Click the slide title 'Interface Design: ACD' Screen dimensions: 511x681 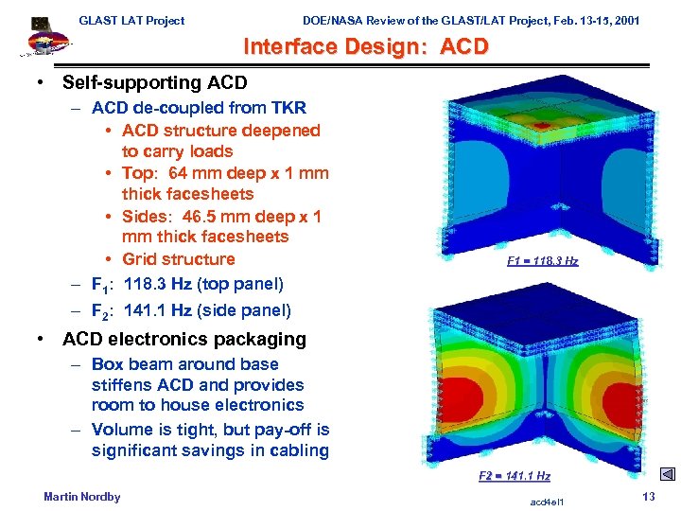(366, 46)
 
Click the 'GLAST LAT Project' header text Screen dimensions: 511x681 (131, 20)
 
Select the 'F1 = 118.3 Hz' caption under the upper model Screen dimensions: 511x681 (542, 261)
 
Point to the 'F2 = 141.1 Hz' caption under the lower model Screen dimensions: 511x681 (515, 476)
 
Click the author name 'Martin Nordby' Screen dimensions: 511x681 (82, 497)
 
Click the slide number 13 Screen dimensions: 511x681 (649, 498)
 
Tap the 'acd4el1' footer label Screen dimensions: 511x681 (548, 500)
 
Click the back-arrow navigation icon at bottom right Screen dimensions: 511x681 (667, 475)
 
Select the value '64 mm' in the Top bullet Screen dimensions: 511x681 (191, 173)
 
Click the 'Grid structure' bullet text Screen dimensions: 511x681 (178, 259)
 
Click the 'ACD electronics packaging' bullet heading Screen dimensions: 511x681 (183, 339)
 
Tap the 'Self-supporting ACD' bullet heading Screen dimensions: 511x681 (154, 84)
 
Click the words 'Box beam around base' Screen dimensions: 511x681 (184, 364)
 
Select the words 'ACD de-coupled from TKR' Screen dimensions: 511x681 (199, 109)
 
